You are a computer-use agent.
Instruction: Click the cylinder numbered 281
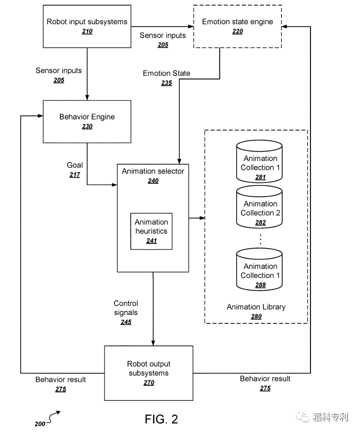pos(259,162)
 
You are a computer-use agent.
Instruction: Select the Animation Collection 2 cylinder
pos(259,207)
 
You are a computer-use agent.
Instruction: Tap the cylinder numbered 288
pos(259,270)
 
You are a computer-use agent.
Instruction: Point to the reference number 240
pos(153,181)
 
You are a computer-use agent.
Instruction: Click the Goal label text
pos(75,165)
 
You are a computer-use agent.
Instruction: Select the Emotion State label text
pos(166,73)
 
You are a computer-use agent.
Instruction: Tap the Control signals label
pos(126,308)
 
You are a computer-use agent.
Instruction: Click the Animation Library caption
pos(256,307)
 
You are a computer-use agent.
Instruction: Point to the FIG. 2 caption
pos(161,419)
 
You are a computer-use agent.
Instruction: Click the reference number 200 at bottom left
pos(40,424)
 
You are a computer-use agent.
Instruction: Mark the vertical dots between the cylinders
pos(260,239)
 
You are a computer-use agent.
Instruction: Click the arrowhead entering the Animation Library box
pos(202,218)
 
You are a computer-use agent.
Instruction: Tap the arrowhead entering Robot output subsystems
pos(153,343)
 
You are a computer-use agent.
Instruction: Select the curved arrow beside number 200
pos(53,417)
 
